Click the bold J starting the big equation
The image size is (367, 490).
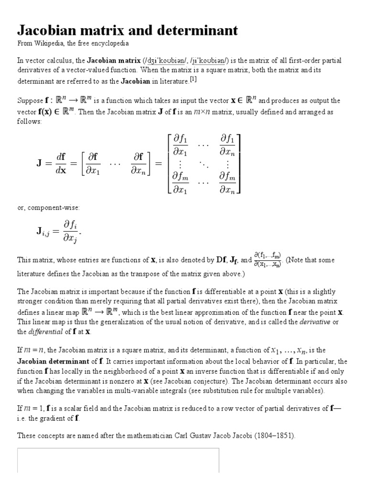(x=39, y=163)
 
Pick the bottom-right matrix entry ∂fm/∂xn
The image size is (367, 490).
(x=227, y=183)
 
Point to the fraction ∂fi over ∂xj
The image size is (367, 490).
(x=71, y=232)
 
